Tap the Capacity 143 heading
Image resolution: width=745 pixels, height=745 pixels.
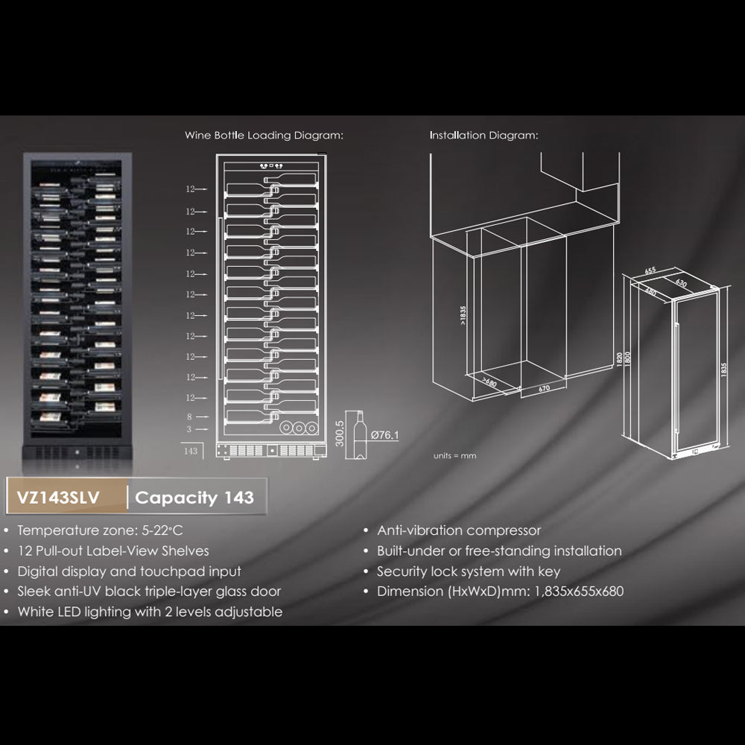coord(194,498)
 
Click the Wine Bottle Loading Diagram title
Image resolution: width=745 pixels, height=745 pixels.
coord(264,136)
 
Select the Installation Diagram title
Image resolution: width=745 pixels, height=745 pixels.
coord(483,136)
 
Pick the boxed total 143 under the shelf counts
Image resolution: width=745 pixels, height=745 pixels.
coord(191,451)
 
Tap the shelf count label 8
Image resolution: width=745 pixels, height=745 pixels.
coord(190,418)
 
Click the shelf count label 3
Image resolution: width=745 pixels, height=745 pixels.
coord(190,430)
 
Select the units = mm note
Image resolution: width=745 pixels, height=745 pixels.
coord(454,455)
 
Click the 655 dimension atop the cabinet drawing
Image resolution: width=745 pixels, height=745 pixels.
coord(650,270)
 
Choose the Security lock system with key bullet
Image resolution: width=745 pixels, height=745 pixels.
coord(469,571)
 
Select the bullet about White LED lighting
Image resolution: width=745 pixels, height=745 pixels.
coord(150,612)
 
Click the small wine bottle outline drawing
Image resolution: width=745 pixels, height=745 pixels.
coord(358,436)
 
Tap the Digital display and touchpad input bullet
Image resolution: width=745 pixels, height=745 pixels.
coord(129,571)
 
